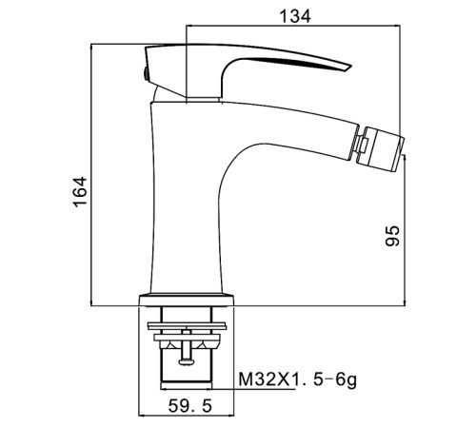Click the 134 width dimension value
click(295, 16)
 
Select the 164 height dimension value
click(80, 192)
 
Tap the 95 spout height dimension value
click(392, 236)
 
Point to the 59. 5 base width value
click(190, 406)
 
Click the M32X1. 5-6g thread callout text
click(297, 379)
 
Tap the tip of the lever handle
click(350, 68)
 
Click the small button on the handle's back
click(146, 74)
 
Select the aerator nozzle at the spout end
click(384, 148)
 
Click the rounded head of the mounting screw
click(185, 361)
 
